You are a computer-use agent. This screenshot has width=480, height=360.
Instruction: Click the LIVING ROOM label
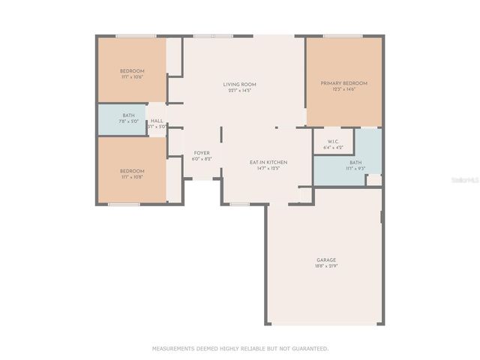point(237,84)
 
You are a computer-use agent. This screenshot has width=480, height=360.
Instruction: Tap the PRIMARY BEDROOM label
point(343,83)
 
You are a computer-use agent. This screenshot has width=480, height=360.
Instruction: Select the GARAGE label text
point(326,260)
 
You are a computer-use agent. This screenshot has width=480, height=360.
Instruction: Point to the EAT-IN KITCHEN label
point(268,162)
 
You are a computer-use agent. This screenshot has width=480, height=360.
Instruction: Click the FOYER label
point(202,153)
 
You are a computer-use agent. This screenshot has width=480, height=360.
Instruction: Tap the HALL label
point(157,121)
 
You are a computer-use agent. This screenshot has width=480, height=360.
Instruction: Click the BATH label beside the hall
point(129,115)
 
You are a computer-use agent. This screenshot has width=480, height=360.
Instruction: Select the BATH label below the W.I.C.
point(355,163)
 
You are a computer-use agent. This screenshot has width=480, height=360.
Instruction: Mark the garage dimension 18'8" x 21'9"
point(326,266)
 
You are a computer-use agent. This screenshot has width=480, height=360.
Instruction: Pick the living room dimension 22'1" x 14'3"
point(237,90)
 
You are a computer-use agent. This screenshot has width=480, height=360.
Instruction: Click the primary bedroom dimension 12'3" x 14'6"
point(343,89)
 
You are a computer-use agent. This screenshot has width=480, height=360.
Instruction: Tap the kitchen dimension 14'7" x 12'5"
point(268,168)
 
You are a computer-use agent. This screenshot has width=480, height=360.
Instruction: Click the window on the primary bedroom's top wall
point(343,35)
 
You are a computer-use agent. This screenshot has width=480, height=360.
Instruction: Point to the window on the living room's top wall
point(213,35)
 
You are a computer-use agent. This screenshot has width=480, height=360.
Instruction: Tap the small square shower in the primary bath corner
point(373,180)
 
